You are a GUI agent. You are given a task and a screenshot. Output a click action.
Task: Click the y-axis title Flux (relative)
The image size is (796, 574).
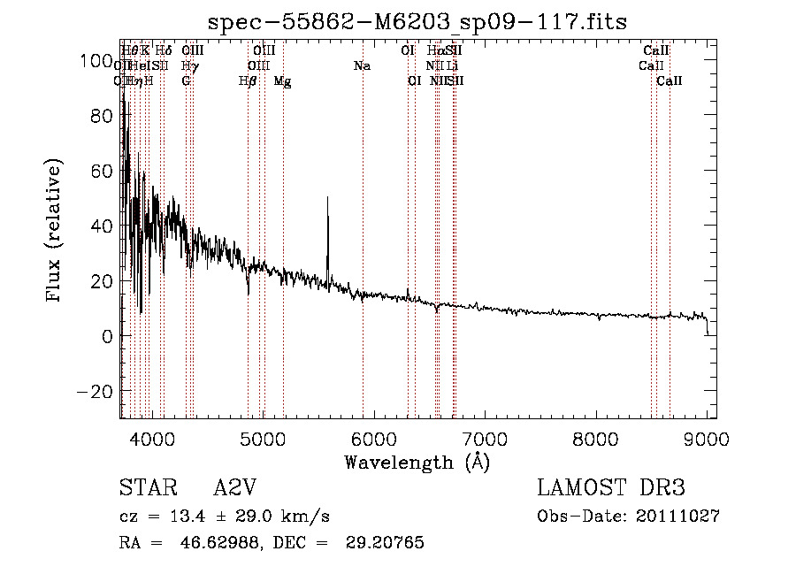(x=55, y=231)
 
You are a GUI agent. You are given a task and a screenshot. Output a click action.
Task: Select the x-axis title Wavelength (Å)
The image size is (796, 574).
(x=417, y=462)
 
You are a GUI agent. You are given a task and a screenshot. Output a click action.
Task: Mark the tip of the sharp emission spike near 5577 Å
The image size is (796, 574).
(x=327, y=197)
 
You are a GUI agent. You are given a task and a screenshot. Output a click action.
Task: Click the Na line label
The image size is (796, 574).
(x=362, y=66)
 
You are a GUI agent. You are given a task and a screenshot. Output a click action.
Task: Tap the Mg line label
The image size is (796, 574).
(x=283, y=81)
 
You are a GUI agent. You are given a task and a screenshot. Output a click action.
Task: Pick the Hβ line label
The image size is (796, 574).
(x=248, y=81)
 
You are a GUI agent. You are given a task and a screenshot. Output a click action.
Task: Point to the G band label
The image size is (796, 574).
(x=186, y=81)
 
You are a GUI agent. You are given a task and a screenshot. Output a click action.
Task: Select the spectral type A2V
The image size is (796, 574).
(x=236, y=488)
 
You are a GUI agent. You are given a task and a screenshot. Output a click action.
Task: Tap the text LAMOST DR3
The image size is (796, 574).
(x=611, y=488)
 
